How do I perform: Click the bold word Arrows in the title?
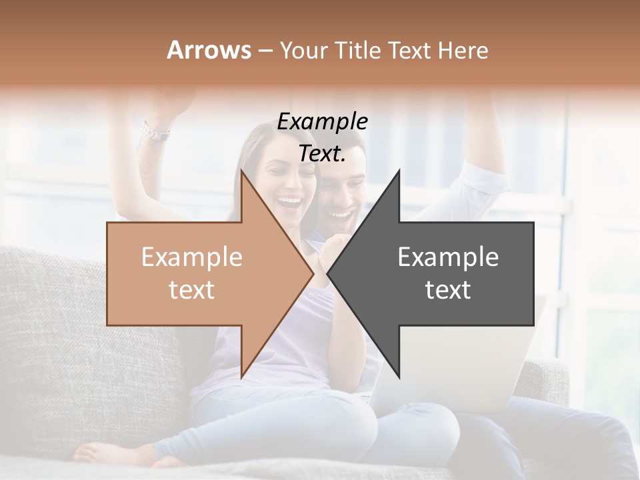209,50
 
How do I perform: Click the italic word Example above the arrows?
322,121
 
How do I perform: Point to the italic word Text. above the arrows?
322,153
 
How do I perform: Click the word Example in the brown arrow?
192,257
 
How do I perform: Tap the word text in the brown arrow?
192,290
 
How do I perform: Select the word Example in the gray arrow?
448,257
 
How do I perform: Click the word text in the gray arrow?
448,290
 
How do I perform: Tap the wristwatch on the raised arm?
155,131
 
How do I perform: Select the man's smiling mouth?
340,215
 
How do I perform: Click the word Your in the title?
302,50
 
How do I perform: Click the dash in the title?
265,51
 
